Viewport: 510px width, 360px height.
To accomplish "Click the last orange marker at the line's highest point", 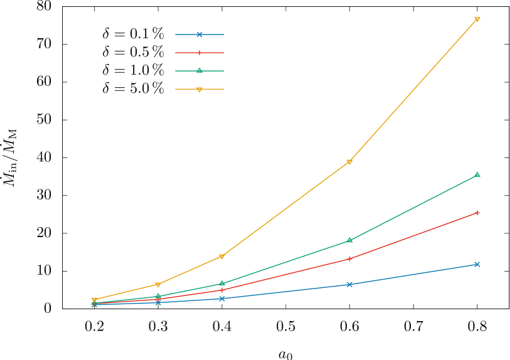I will point(477,19).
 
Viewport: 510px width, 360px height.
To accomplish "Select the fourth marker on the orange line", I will point(349,162).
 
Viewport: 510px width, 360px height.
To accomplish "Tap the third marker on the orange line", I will point(222,257).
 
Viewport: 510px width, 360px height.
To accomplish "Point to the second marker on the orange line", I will point(158,285).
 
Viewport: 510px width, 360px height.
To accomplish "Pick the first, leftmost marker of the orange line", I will point(94,300).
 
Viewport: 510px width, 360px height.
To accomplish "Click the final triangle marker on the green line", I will point(477,174).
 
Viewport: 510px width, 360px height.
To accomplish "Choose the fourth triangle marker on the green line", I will point(349,240).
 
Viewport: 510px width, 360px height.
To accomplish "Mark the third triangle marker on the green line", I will point(222,283).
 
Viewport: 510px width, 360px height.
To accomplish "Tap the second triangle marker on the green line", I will point(158,296).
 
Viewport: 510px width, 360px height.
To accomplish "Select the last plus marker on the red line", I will point(477,213).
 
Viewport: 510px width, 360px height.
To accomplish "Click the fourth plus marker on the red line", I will point(349,258).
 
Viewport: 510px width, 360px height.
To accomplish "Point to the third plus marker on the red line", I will point(222,290).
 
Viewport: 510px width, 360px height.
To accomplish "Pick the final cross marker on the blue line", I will point(477,264).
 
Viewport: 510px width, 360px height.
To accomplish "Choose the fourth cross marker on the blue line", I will point(349,284).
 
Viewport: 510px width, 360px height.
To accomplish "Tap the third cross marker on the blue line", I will point(222,299).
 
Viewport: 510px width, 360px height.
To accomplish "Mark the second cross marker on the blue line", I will point(158,302).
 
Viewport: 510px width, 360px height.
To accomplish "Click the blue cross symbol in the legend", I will point(199,34).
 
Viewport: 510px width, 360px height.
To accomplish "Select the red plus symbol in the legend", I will point(199,53).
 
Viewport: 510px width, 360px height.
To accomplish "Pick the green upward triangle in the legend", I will point(199,70).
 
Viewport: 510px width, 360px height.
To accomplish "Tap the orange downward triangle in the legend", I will point(199,90).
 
